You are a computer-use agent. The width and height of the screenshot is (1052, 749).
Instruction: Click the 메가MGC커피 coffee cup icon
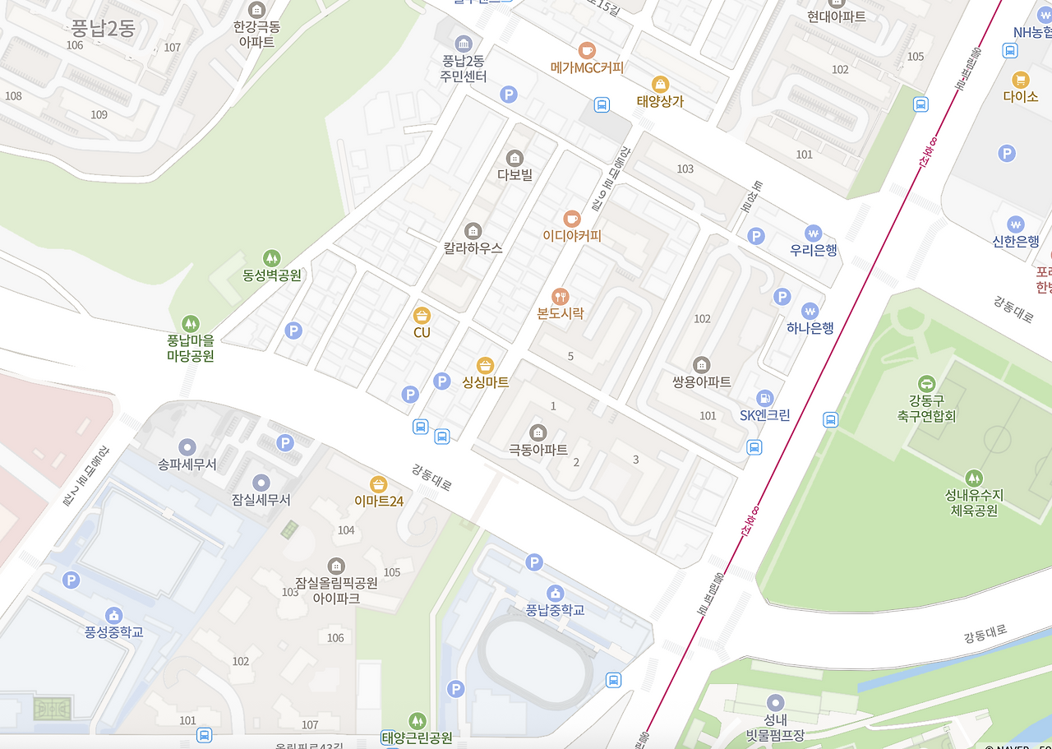(587, 50)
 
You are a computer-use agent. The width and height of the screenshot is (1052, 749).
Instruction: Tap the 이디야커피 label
(572, 236)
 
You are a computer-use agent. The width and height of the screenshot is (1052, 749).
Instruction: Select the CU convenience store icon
(422, 316)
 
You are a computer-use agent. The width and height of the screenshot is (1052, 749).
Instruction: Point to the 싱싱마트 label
(486, 382)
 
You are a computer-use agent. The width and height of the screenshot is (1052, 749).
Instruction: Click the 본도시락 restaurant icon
(561, 296)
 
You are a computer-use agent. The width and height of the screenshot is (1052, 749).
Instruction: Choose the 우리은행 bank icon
(814, 233)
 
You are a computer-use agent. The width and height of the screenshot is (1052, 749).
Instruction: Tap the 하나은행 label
(810, 328)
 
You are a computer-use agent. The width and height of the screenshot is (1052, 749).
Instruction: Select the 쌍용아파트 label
(701, 382)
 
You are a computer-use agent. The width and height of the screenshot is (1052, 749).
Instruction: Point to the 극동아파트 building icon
(538, 432)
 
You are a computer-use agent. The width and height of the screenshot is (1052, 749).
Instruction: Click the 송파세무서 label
(187, 465)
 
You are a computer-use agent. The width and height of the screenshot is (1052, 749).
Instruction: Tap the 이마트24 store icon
(379, 483)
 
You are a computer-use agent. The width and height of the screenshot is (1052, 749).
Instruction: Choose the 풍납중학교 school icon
(556, 593)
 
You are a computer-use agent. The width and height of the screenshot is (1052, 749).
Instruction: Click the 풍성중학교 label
(114, 632)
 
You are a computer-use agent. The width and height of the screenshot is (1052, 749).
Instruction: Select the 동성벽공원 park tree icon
(271, 258)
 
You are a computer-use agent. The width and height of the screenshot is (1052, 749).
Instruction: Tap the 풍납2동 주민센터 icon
(464, 43)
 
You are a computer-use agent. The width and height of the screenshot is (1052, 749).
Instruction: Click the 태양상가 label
(660, 102)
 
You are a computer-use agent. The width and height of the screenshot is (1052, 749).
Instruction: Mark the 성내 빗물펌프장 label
(774, 728)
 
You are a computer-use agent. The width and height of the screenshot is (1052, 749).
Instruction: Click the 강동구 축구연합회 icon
(926, 384)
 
